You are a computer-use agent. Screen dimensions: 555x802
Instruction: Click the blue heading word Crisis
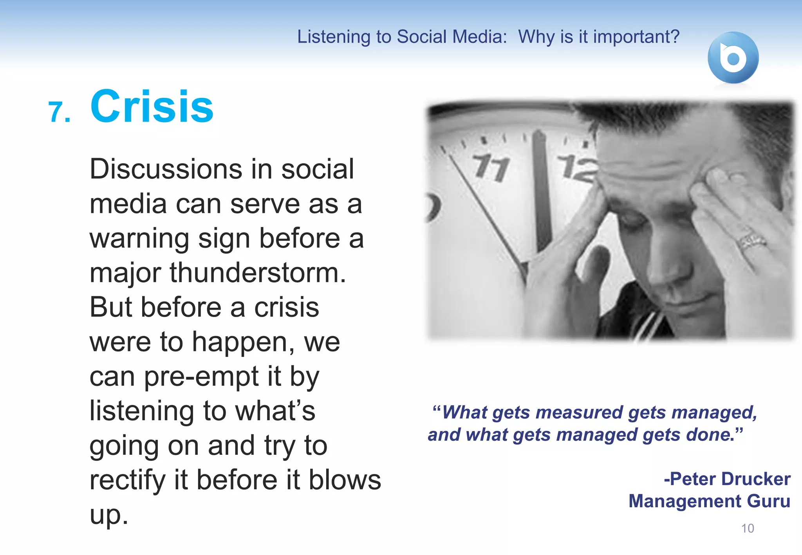point(152,106)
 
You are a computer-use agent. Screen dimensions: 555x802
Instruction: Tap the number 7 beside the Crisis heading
point(56,113)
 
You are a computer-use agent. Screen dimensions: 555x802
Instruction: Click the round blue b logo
point(733,58)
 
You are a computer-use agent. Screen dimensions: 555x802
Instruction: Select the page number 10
point(747,528)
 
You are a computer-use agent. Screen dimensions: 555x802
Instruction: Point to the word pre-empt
point(201,377)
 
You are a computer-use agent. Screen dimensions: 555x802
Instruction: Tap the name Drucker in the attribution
point(756,479)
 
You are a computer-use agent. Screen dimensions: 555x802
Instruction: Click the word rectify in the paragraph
point(128,480)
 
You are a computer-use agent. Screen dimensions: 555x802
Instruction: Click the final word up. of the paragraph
point(108,515)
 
